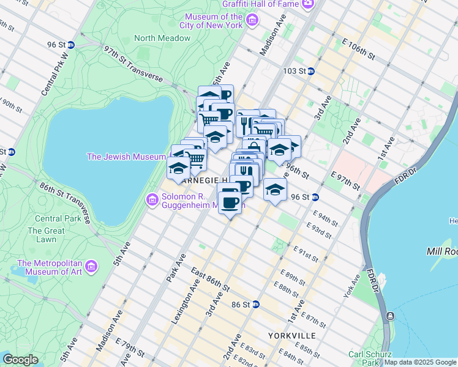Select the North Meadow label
coord(162,38)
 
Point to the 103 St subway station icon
coord(310,72)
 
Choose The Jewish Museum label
coord(126,157)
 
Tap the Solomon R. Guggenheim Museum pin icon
coord(152,199)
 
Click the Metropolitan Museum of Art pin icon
coord(91,266)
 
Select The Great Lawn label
coord(46,235)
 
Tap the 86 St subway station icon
coord(256,304)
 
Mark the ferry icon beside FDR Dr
coord(389,316)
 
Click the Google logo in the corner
coord(20,359)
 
